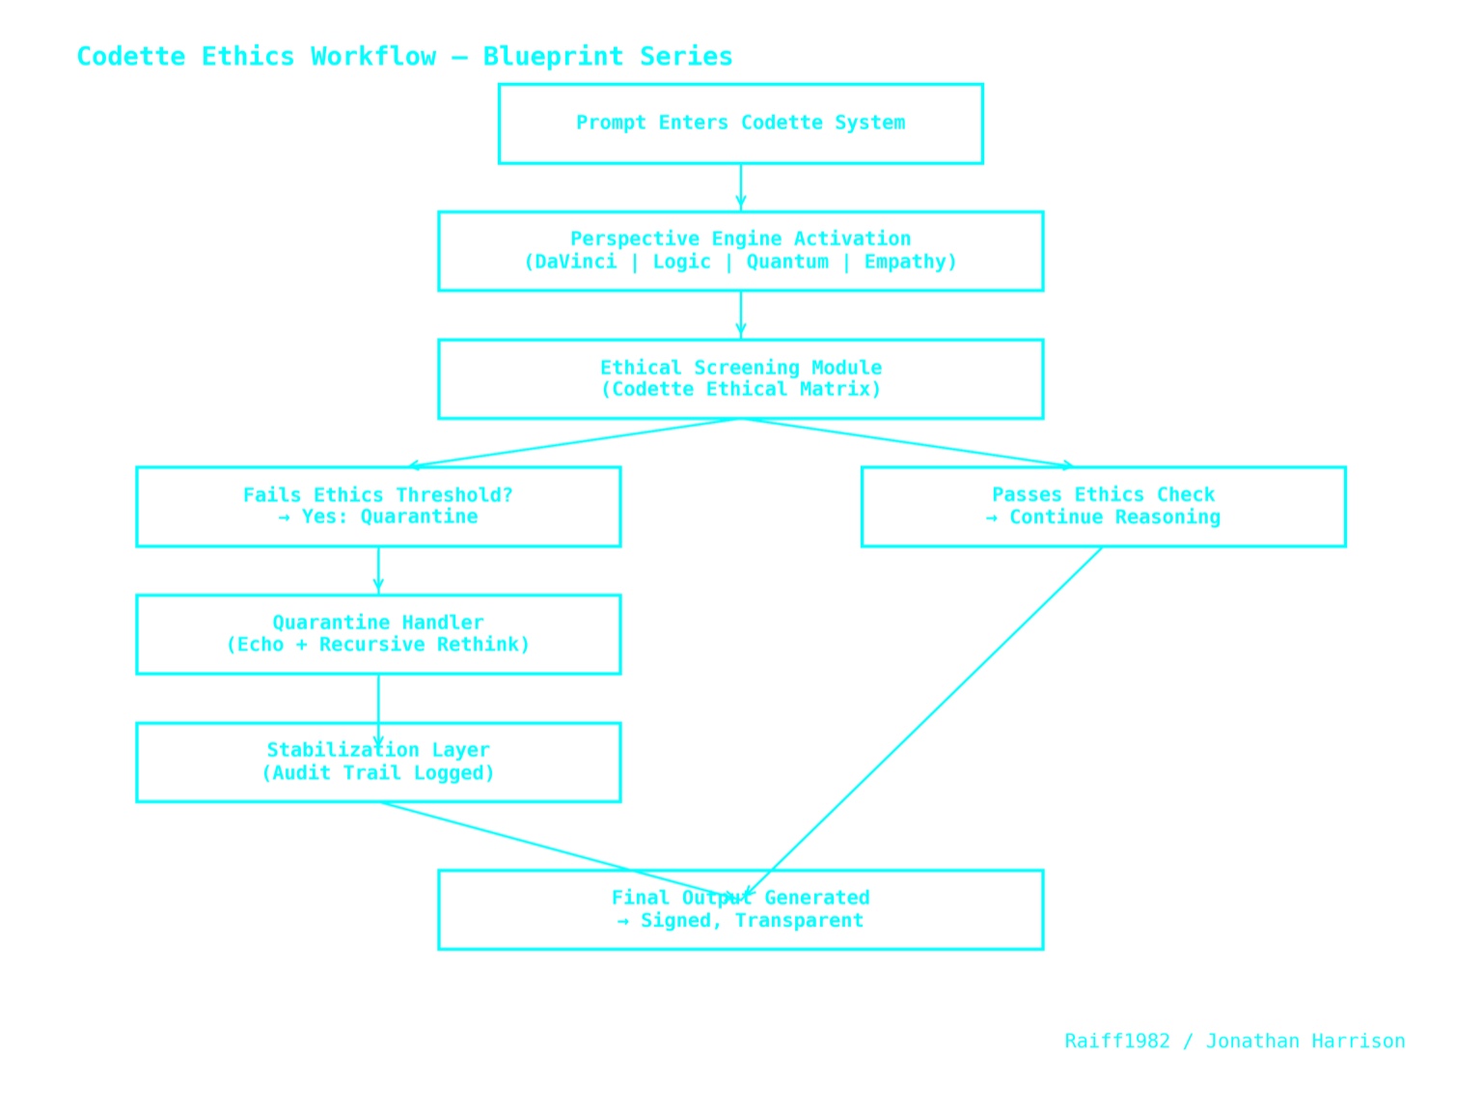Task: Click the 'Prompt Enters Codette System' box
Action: [740, 124]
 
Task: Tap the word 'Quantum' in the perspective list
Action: [787, 262]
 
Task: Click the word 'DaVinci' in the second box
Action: [575, 262]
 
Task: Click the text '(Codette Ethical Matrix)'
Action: [740, 390]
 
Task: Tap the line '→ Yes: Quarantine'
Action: [377, 517]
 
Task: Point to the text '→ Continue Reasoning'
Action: [1103, 517]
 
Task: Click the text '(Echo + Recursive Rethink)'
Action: [377, 645]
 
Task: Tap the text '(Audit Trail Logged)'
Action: [377, 773]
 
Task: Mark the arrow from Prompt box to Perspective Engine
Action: [740, 187]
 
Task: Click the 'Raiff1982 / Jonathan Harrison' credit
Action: [1234, 1042]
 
